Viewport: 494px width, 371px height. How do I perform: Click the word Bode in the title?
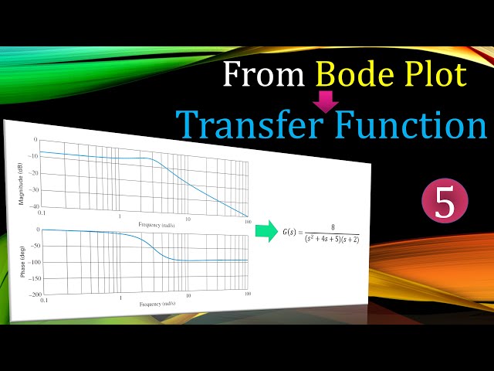(356, 75)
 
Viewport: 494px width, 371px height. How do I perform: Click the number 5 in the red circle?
(445, 203)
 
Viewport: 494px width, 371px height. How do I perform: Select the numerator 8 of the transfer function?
(332, 226)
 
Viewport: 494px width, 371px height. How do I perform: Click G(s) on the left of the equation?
(294, 232)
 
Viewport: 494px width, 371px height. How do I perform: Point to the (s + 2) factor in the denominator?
(350, 239)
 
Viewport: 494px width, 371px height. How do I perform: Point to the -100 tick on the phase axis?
(33, 263)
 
